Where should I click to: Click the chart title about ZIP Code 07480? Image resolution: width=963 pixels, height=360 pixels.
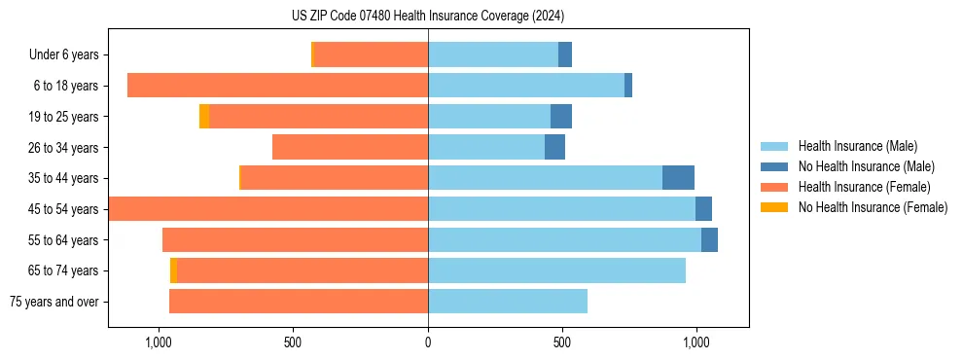click(x=428, y=17)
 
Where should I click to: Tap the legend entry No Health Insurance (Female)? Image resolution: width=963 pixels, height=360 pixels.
click(x=873, y=207)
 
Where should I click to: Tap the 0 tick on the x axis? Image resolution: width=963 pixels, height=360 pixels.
click(x=428, y=342)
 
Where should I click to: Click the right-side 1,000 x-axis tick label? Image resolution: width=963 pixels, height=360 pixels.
click(x=695, y=342)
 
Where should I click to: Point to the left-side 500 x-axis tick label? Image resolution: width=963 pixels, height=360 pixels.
click(x=293, y=342)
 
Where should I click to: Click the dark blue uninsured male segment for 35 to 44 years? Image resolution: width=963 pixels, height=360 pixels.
click(x=678, y=178)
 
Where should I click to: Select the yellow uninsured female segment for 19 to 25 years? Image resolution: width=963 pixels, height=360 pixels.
click(x=204, y=117)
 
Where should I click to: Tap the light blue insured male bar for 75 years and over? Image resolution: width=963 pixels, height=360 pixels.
click(x=508, y=302)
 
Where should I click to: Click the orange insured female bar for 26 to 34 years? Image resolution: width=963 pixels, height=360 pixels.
click(x=350, y=147)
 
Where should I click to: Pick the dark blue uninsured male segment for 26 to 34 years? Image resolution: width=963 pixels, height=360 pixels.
click(x=554, y=147)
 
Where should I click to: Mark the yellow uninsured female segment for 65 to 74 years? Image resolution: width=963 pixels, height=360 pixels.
click(x=173, y=270)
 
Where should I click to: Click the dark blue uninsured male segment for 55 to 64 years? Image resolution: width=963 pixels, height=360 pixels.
click(x=709, y=239)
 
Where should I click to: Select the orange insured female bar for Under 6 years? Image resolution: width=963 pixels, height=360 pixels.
click(x=371, y=55)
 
